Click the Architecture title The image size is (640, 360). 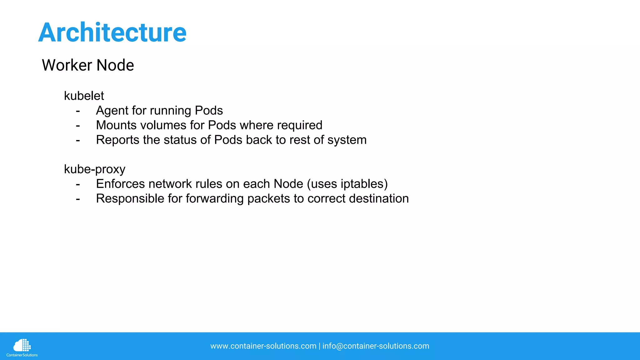click(112, 32)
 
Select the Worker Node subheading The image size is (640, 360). click(88, 65)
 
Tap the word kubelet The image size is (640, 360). click(84, 96)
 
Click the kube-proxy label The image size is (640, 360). click(94, 169)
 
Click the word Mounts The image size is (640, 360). click(116, 125)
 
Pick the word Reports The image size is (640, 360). click(117, 140)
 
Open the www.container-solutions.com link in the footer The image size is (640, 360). click(263, 346)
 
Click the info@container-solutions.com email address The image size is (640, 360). click(376, 346)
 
